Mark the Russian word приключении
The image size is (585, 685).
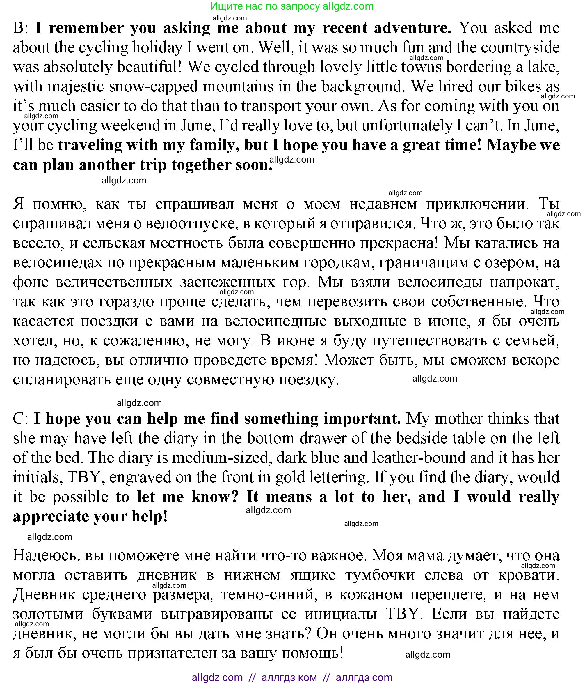point(477,204)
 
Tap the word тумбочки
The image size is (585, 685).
point(380,575)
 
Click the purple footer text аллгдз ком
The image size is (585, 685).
point(289,677)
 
